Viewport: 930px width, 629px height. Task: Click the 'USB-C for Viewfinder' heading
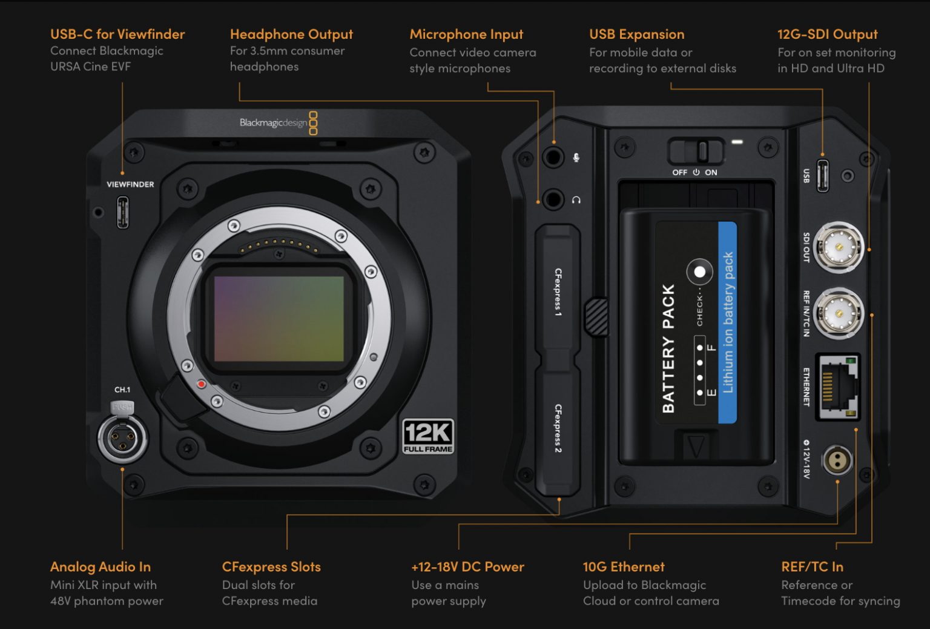117,35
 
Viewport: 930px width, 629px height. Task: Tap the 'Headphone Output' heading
291,35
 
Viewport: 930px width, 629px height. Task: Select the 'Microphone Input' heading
466,35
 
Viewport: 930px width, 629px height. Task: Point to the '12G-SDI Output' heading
827,35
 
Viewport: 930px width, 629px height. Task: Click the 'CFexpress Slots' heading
271,567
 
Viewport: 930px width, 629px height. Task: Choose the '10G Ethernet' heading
624,567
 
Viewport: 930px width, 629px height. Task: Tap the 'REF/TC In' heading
812,567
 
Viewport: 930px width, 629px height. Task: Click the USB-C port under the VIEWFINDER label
123,213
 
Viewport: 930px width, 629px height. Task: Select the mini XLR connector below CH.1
122,438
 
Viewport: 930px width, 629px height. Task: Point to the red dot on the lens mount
202,384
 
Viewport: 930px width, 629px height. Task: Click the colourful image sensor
279,319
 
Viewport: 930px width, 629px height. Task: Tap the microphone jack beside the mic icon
553,157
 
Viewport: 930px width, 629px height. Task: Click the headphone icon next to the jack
576,200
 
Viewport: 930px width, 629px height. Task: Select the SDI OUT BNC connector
839,247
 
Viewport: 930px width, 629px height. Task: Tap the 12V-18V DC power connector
837,461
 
